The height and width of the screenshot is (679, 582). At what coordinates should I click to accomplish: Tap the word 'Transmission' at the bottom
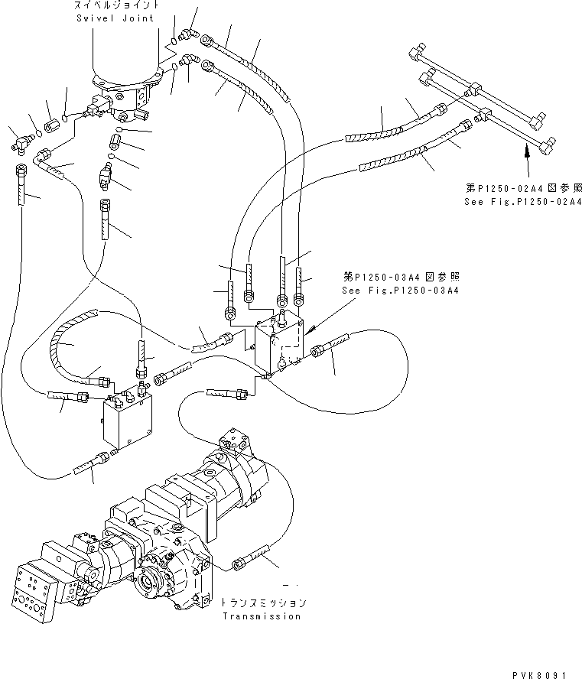(x=260, y=616)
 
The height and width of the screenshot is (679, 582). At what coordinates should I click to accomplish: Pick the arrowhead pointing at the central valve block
(x=309, y=333)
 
